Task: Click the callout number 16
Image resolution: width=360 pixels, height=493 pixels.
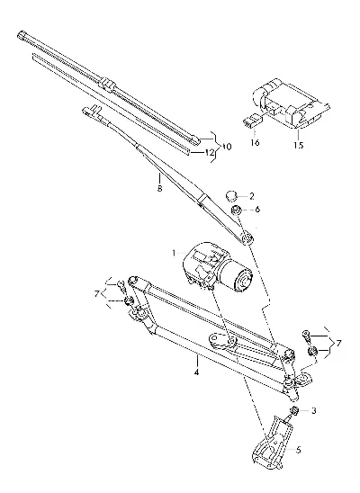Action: tap(255, 142)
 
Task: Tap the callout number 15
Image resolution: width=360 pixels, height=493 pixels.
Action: tap(299, 145)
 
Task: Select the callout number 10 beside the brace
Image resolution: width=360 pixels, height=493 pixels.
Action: tap(226, 147)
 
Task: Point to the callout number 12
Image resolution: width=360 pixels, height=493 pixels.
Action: tap(210, 153)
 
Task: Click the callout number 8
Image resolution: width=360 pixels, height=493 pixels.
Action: tap(159, 189)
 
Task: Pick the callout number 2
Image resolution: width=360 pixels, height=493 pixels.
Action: tap(251, 196)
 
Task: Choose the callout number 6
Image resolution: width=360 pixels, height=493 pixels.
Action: tap(257, 210)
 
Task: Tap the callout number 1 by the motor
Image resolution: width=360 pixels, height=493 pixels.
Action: tap(174, 253)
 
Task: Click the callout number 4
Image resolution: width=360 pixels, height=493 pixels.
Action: tap(196, 372)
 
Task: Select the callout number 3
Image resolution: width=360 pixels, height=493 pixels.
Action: tap(313, 410)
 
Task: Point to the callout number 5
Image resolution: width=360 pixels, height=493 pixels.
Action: tap(299, 450)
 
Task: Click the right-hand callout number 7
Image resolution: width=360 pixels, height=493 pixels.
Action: tap(338, 343)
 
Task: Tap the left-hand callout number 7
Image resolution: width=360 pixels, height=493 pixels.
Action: tap(97, 294)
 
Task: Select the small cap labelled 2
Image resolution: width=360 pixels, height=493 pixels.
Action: tap(231, 196)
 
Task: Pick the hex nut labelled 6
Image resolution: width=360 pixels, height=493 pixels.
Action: tap(236, 210)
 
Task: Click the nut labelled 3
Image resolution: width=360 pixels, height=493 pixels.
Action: tap(294, 410)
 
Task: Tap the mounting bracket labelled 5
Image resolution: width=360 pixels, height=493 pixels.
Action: tap(273, 444)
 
